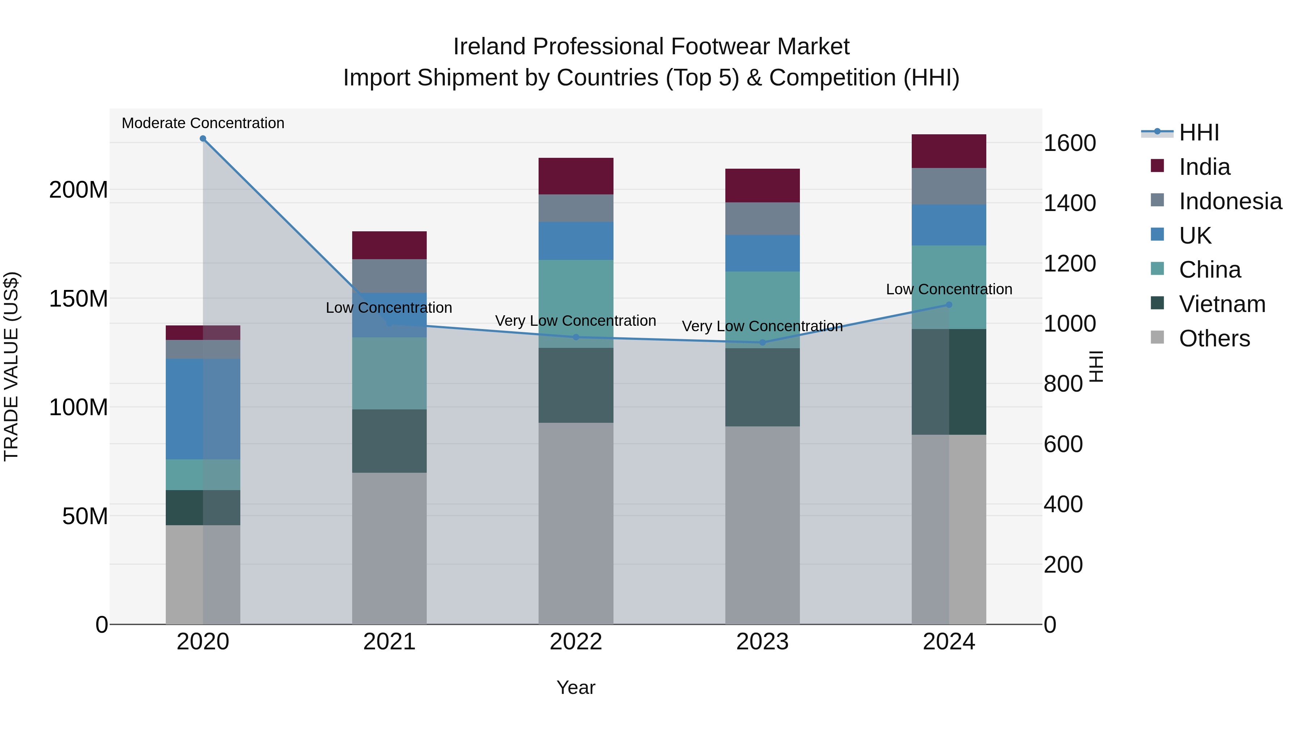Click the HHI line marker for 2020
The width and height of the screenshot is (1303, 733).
coord(203,138)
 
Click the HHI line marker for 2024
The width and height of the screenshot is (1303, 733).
coord(949,304)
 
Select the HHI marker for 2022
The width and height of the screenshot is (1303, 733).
coord(575,337)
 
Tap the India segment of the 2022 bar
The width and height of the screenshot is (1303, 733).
coord(575,176)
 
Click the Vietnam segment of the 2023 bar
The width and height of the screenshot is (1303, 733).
coord(762,387)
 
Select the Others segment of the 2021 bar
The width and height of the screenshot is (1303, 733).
coord(389,548)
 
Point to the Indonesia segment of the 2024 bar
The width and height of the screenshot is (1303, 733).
coord(949,186)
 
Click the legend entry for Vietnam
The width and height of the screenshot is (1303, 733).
coord(1222,304)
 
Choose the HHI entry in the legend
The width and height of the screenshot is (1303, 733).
coord(1199,132)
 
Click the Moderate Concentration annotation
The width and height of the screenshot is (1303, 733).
coord(203,123)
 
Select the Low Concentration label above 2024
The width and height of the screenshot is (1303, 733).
coord(949,289)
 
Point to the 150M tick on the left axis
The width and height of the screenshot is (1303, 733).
coord(79,299)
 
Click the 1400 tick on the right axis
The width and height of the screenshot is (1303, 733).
coord(1069,203)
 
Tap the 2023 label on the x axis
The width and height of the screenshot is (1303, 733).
coord(762,642)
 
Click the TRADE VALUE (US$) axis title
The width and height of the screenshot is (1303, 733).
coord(11,366)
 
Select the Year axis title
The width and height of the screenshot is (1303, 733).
coord(575,687)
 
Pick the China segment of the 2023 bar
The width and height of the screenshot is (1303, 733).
coord(762,309)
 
